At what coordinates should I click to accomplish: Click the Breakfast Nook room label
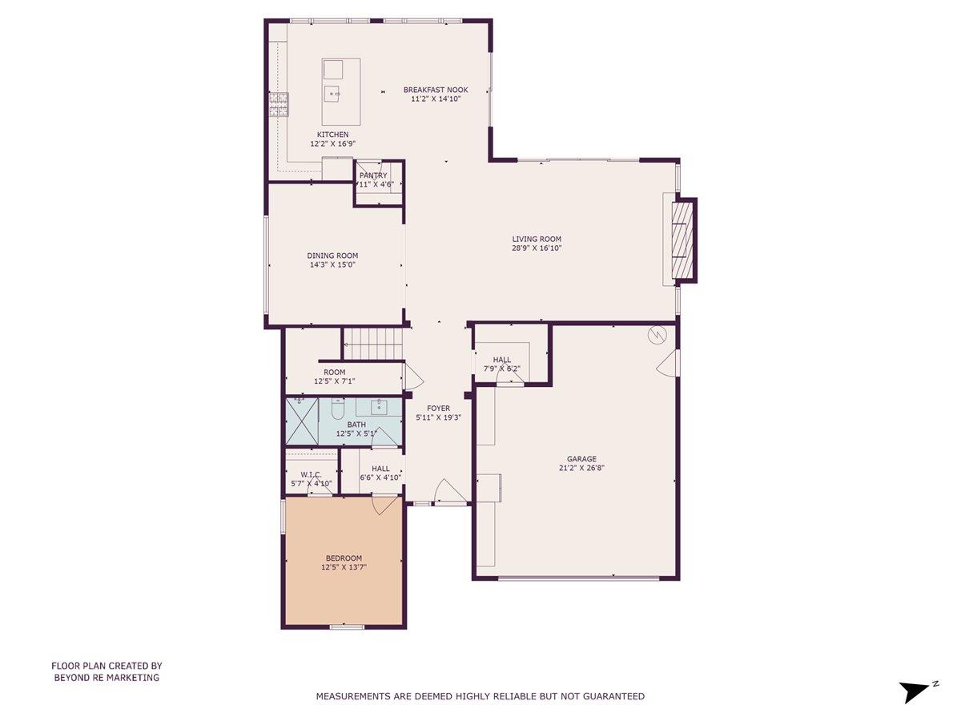435,90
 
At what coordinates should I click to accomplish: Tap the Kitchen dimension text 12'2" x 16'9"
332,143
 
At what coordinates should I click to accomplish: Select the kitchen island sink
333,93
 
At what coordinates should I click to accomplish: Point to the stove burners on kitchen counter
279,105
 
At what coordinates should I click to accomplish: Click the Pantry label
373,175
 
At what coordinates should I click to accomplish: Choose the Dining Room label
332,256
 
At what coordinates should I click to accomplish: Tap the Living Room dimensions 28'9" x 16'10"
537,248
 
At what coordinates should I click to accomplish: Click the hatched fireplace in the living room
684,240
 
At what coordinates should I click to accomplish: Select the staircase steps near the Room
372,344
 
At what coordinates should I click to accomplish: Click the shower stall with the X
302,421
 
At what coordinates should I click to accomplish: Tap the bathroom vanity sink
378,407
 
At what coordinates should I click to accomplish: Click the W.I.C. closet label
312,474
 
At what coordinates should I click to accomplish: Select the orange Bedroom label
344,558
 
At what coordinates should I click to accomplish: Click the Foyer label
438,409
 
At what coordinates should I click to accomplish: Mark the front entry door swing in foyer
448,492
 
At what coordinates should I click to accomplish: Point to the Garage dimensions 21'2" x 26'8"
581,468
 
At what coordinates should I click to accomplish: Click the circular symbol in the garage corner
657,336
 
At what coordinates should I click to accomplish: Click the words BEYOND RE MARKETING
107,678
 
